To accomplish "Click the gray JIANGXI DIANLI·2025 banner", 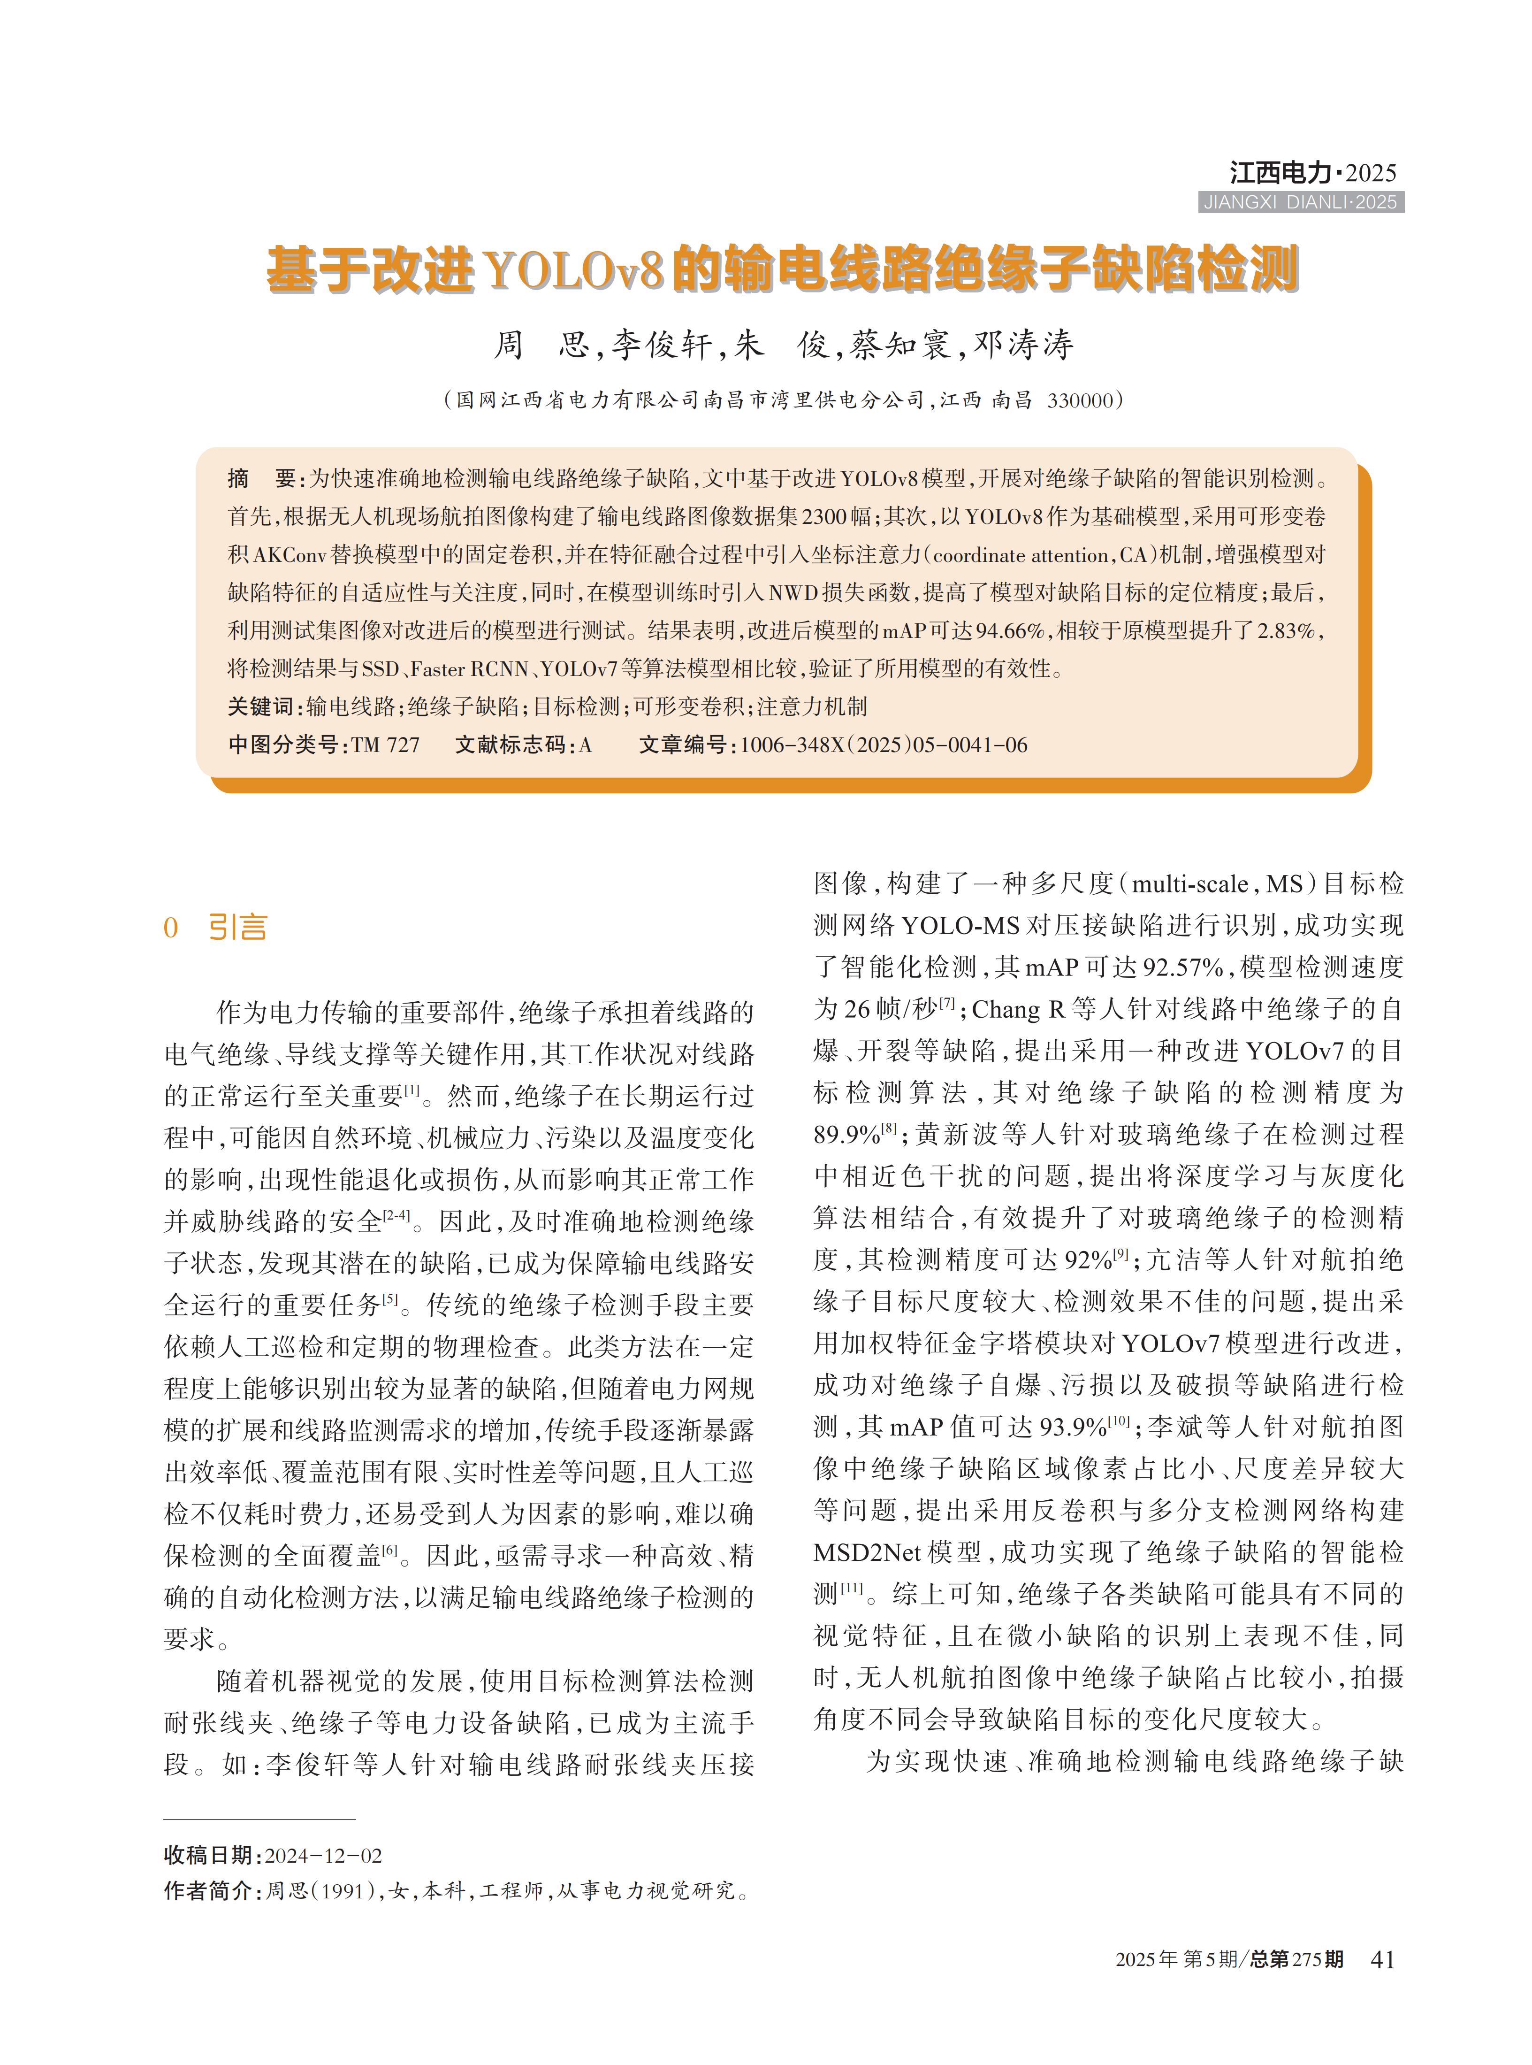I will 1300,202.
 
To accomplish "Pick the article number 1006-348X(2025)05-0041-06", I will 884,745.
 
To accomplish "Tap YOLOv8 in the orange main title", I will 574,270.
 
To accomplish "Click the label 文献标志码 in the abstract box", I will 511,745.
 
